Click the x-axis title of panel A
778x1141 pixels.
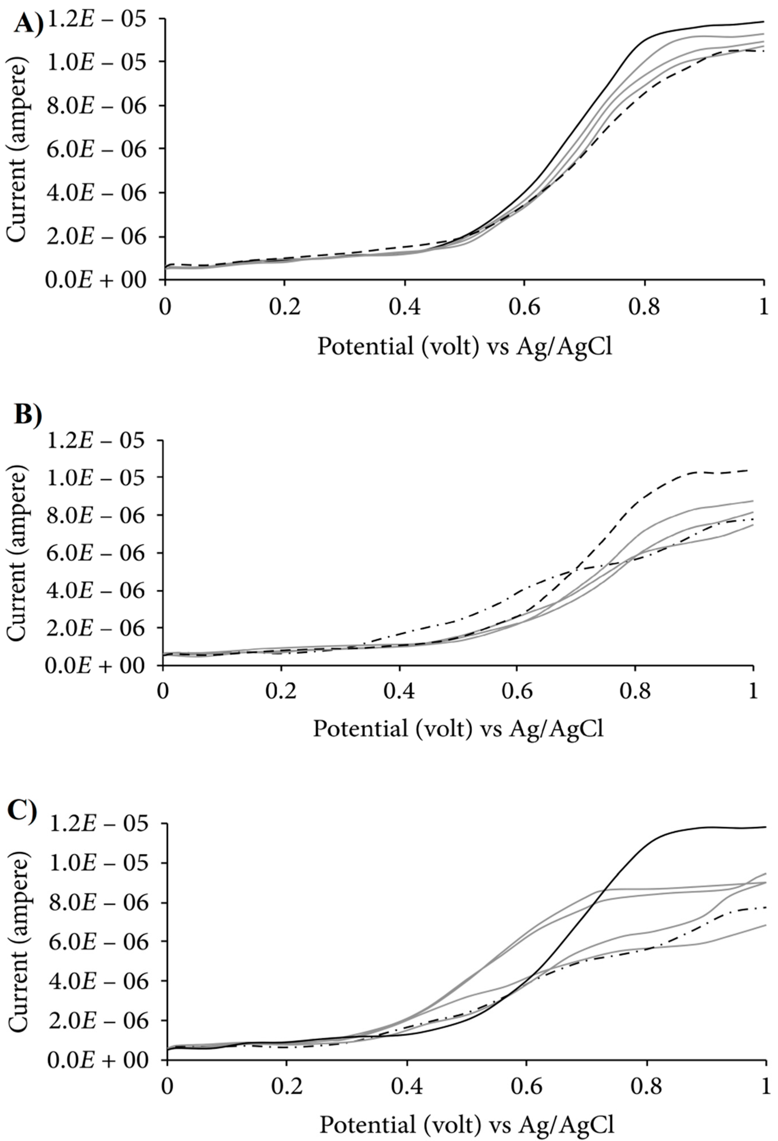464,347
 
